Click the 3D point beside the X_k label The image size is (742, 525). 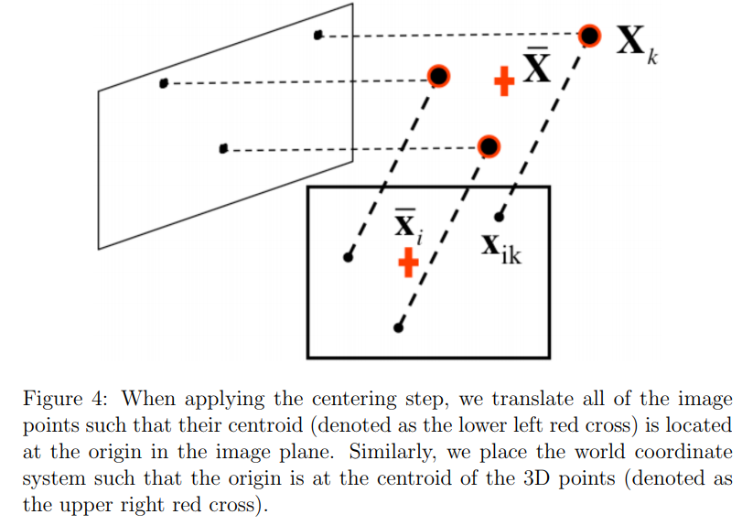pyautogui.click(x=590, y=36)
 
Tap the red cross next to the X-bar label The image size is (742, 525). pyautogui.click(x=502, y=80)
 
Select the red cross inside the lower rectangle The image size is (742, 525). pyautogui.click(x=408, y=262)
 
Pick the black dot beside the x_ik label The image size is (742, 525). pyautogui.click(x=499, y=217)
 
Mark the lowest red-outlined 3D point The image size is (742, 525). pyautogui.click(x=489, y=145)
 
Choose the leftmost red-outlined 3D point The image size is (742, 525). pyautogui.click(x=439, y=76)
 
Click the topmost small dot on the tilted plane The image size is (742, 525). pyautogui.click(x=318, y=36)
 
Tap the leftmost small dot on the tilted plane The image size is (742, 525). pyautogui.click(x=164, y=83)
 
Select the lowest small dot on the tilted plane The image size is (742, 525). pyautogui.click(x=223, y=148)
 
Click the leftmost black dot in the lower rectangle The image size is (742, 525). pyautogui.click(x=348, y=258)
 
